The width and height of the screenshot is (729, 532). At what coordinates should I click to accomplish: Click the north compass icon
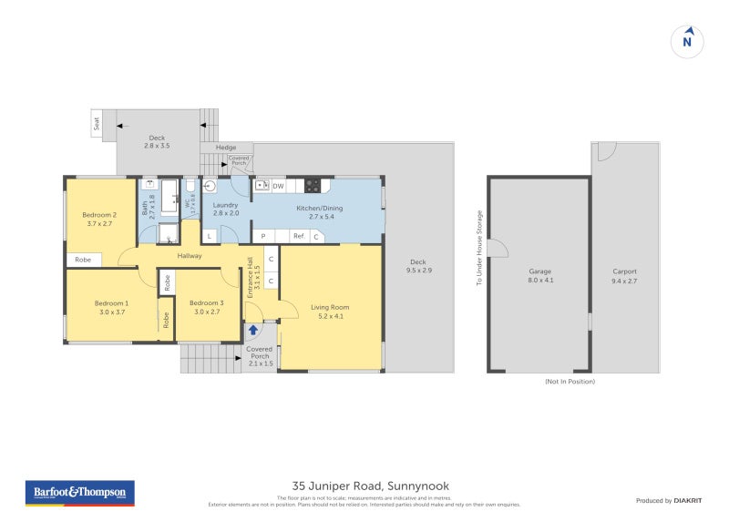click(x=688, y=41)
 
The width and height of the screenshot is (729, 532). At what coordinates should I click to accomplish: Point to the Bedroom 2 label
click(x=98, y=219)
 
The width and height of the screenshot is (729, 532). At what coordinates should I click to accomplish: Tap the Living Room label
click(x=329, y=312)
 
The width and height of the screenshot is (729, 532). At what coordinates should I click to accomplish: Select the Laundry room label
click(x=226, y=210)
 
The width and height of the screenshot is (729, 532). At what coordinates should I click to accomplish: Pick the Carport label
click(x=624, y=276)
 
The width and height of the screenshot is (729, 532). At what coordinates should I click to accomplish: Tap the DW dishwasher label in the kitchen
click(x=278, y=186)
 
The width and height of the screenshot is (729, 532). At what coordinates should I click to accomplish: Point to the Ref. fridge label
click(x=298, y=237)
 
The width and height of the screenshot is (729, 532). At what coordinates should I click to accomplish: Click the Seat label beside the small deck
click(x=98, y=123)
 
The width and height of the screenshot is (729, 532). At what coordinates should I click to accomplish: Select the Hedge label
click(x=226, y=148)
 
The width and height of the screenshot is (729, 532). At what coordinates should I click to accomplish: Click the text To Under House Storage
click(x=478, y=249)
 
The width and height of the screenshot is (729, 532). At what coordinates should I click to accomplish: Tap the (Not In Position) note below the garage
click(x=570, y=381)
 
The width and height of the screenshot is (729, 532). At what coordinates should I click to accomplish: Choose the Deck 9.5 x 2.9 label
click(x=418, y=266)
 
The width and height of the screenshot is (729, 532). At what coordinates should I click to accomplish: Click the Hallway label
click(x=190, y=256)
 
